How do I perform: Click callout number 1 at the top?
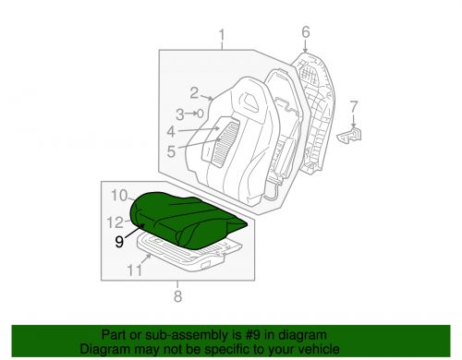[x=222, y=37]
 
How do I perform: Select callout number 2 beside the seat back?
[x=195, y=91]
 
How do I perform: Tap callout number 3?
[x=181, y=114]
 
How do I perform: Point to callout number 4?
[x=171, y=132]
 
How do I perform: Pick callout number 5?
[x=172, y=149]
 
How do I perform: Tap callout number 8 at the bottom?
[x=178, y=295]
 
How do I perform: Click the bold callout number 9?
[x=119, y=242]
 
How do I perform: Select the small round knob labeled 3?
[x=199, y=114]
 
